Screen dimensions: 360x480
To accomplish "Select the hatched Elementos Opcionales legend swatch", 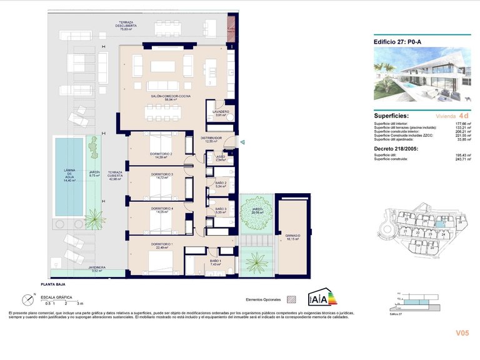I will [291, 299].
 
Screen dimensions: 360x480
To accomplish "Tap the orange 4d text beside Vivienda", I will [463, 116].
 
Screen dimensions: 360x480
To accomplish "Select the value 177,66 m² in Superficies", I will [462, 124].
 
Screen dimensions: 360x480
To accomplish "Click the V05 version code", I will [462, 333].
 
